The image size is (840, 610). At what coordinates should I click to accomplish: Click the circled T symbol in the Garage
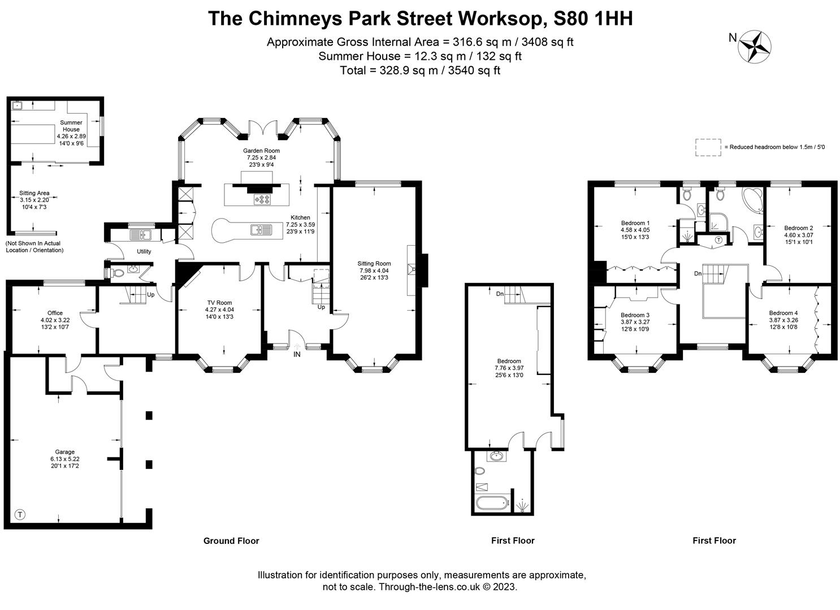[20, 515]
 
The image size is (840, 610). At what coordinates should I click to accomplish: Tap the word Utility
[144, 251]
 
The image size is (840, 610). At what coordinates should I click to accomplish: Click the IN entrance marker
[297, 354]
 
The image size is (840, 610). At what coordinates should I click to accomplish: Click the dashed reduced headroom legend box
[708, 147]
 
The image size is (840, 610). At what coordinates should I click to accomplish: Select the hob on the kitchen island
[263, 199]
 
